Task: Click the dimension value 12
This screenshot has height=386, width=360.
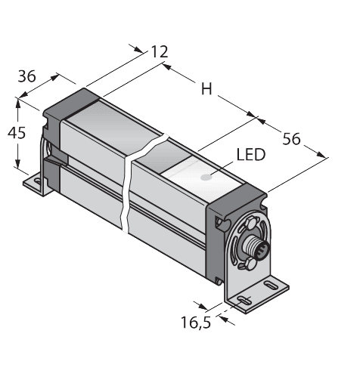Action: click(158, 51)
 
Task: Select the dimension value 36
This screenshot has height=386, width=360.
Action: click(27, 77)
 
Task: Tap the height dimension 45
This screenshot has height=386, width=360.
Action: click(15, 133)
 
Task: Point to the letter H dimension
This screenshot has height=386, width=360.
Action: click(205, 89)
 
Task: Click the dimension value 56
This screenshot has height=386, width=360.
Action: click(290, 138)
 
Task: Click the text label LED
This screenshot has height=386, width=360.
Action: click(251, 156)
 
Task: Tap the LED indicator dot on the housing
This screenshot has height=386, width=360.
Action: click(206, 181)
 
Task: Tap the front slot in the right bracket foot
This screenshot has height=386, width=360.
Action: click(243, 304)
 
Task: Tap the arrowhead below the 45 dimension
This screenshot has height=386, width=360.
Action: click(17, 165)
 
